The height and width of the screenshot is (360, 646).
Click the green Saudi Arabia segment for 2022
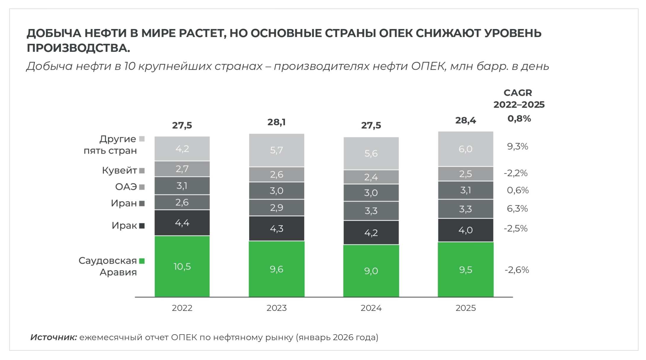tap(182, 266)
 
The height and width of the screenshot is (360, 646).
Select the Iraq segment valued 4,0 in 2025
tap(465, 230)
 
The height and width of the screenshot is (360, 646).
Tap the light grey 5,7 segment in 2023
tap(276, 150)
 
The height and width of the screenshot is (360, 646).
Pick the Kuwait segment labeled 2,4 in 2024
tap(371, 177)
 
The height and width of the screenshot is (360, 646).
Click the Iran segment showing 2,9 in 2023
tap(276, 208)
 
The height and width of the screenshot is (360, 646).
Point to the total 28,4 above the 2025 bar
tap(465, 120)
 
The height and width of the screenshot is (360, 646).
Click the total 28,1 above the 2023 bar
tap(276, 122)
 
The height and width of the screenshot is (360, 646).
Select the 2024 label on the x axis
tap(371, 308)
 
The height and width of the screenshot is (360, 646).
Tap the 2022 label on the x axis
tap(182, 308)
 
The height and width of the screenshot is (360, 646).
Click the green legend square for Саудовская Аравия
tap(142, 261)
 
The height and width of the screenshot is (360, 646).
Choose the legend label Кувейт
tap(119, 170)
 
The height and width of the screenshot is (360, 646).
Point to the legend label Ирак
tap(124, 226)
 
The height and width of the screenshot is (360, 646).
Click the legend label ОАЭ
tap(126, 187)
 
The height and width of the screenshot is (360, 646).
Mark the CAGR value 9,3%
tap(517, 146)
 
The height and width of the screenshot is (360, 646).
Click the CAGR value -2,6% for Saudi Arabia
tap(517, 270)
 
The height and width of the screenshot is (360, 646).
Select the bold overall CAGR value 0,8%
tap(519, 119)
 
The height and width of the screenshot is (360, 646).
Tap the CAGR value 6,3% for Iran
tap(517, 209)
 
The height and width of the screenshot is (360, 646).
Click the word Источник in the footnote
tap(54, 337)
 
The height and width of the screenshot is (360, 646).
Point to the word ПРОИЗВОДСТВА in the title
tap(78, 48)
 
